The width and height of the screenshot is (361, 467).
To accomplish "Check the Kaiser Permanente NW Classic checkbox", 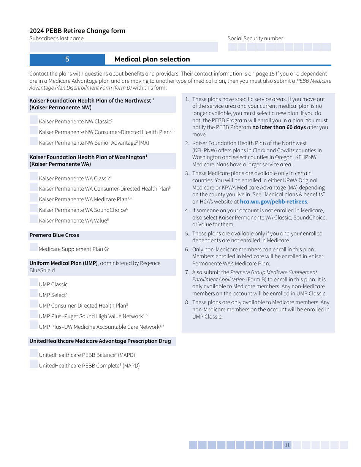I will point(33,120).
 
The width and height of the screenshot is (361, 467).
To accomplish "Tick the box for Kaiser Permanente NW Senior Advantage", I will point(33,141).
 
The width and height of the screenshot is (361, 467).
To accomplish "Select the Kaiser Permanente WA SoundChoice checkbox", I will point(33,208).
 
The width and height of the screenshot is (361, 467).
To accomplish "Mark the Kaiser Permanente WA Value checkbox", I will point(33,219).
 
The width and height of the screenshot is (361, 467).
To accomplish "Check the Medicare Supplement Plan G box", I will point(33,248).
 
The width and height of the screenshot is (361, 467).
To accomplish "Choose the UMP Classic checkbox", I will point(33,283).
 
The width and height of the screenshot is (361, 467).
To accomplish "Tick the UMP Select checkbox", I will point(33,293).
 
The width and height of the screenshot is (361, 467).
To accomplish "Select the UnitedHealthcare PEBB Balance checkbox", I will point(33,353).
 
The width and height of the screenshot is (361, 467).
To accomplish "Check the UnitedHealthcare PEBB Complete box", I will point(33,364).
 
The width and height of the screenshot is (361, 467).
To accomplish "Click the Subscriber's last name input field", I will point(123,47).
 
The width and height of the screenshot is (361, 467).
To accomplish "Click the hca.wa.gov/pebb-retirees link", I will point(273,202).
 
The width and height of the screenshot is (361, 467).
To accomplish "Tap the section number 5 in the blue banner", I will point(67,59).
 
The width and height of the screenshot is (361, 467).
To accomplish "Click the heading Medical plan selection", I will point(152,59).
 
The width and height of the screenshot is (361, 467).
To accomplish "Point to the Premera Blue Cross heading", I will point(54,235).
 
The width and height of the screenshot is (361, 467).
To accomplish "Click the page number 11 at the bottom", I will point(287,445).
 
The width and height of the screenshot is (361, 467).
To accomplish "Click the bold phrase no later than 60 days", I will point(279,127).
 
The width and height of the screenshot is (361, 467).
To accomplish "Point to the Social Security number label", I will point(255,38).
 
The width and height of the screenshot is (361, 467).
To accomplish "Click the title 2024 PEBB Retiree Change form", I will point(78,31).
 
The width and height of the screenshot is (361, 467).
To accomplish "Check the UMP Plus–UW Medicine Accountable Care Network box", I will point(33,325).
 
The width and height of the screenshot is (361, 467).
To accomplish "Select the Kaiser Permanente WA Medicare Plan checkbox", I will point(33,198).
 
